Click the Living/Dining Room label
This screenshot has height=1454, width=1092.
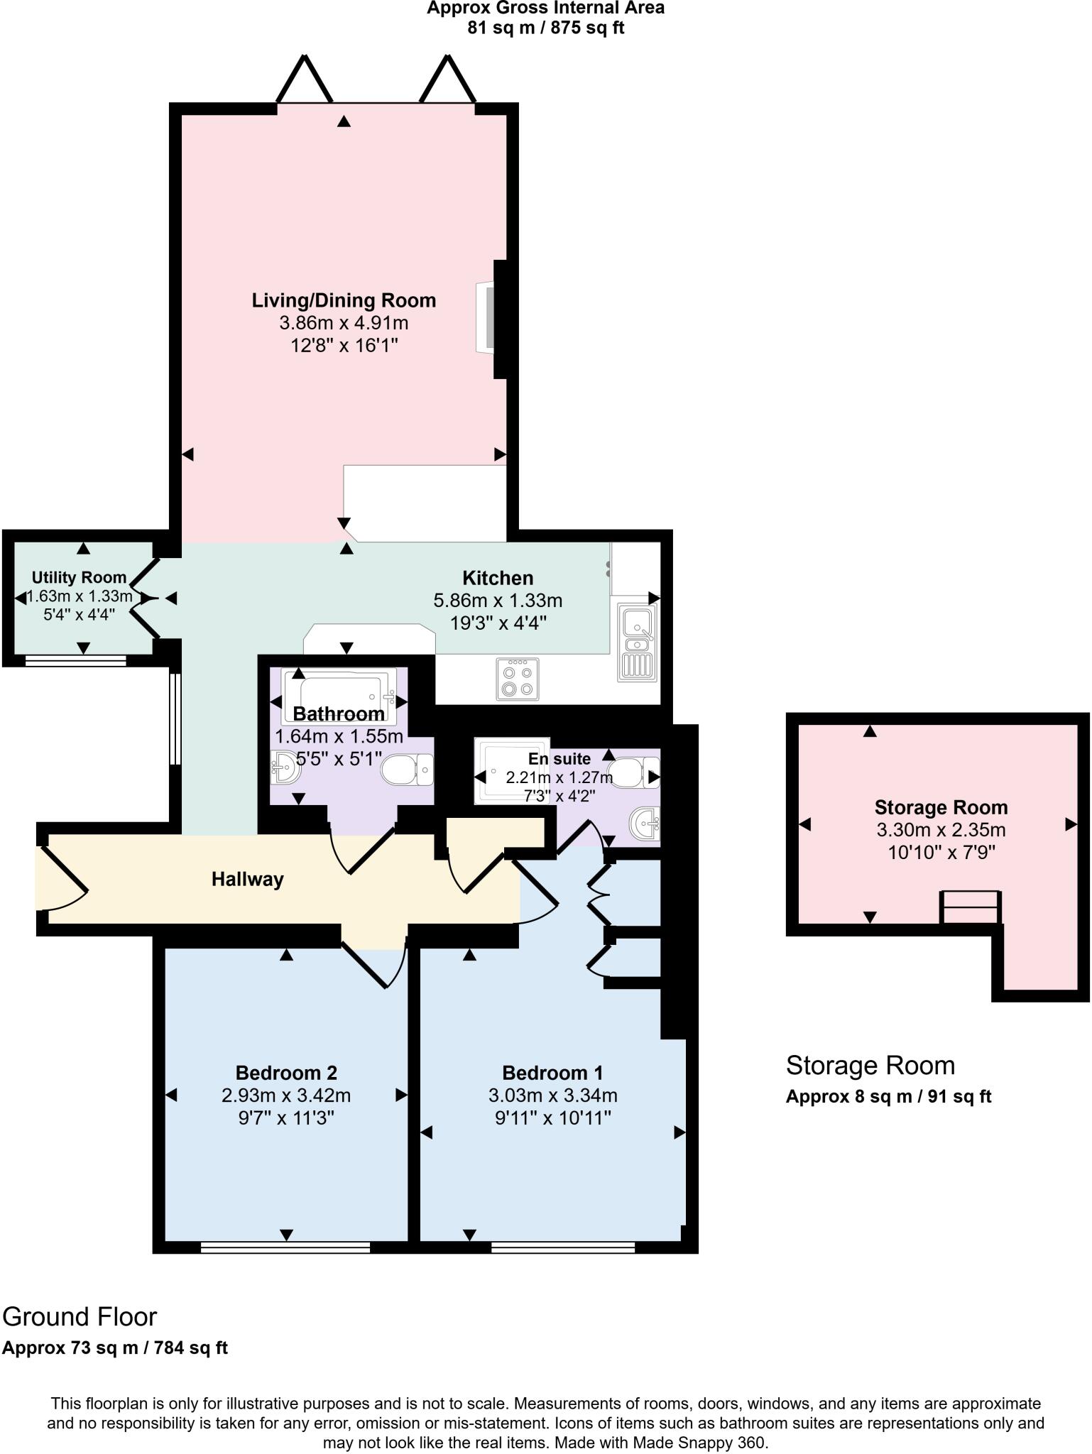tap(344, 300)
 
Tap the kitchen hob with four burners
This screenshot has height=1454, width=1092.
tap(518, 679)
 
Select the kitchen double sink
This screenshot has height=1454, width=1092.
tap(638, 641)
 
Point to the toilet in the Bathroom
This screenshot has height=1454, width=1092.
tap(408, 770)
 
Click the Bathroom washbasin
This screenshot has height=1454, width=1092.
tap(285, 767)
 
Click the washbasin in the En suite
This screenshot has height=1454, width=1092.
tap(645, 826)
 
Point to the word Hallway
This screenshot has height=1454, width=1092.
tap(247, 880)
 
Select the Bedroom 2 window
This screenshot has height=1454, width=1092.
tap(285, 1247)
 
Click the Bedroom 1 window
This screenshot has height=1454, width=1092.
tap(562, 1247)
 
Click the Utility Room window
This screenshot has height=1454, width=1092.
tap(75, 661)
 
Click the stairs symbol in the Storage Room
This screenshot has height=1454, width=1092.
tap(971, 907)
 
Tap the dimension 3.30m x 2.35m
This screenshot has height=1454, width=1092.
tap(941, 830)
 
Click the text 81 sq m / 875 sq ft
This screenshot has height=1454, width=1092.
tap(545, 28)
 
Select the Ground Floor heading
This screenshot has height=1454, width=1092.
tap(80, 1317)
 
